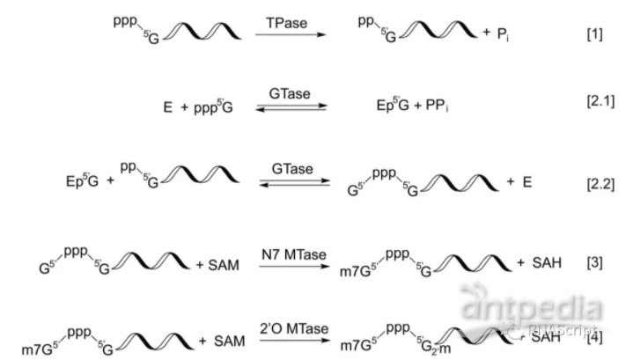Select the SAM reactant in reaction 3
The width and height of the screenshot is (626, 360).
click(226, 263)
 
